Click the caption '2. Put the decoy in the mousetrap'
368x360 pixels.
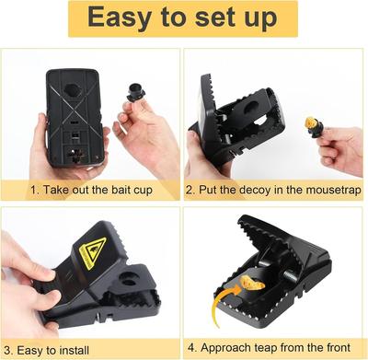point(274,191)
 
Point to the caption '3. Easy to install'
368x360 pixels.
point(61,349)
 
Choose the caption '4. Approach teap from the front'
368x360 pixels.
point(274,349)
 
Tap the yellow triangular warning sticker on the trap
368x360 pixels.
point(93,250)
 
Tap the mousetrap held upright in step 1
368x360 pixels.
point(70,115)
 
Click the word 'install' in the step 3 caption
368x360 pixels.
point(90,349)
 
